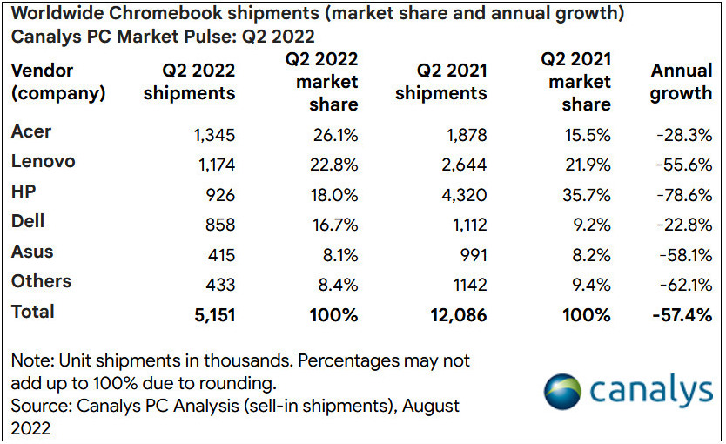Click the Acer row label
pos(31,132)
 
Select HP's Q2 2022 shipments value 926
pos(217,194)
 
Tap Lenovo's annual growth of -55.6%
pos(683,164)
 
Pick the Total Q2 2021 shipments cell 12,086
pos(453,314)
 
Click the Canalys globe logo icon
pos(563,391)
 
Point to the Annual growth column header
pos(681,81)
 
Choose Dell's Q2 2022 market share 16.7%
pos(334,224)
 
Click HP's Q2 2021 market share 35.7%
pos(587,194)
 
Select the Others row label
pos(41,282)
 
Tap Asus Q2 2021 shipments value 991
pos(470,254)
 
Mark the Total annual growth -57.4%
pos(682,314)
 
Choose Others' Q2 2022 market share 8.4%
pos(335,284)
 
